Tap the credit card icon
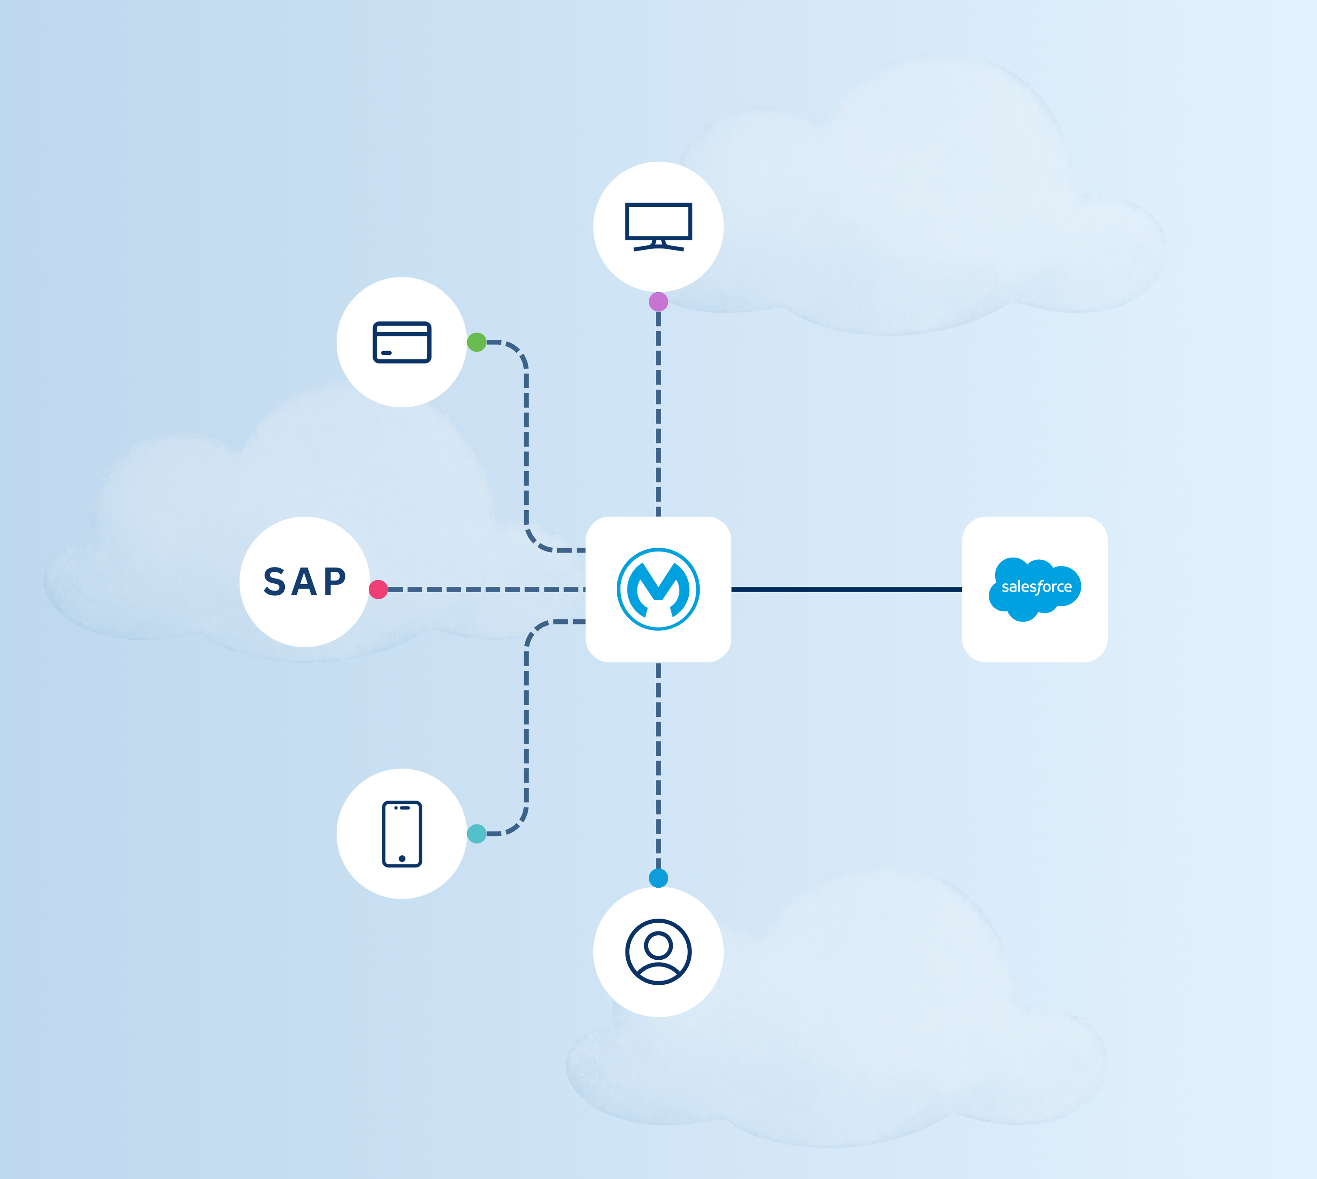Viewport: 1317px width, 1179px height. point(402,342)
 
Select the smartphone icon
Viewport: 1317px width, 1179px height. point(402,834)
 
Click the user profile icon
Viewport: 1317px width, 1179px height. point(658,952)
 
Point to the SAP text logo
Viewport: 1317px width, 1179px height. point(305,582)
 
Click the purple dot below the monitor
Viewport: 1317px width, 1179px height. point(658,301)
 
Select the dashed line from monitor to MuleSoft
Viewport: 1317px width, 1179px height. point(658,415)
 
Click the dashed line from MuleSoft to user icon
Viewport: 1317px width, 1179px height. point(658,764)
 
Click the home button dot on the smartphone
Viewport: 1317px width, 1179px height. point(402,858)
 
